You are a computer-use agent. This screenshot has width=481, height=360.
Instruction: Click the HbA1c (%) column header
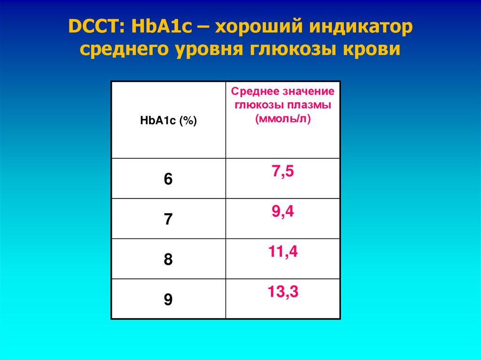[x=168, y=121]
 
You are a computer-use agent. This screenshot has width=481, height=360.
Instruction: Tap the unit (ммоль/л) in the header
[x=283, y=119]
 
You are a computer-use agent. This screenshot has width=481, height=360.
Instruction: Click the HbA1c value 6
[x=168, y=179]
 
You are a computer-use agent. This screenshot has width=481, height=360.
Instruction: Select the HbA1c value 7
[x=168, y=220]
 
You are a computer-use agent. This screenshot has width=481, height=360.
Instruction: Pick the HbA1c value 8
[x=168, y=260]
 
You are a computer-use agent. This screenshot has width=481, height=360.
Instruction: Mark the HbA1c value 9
[x=168, y=300]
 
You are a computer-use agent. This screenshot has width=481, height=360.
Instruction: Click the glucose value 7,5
[x=283, y=172]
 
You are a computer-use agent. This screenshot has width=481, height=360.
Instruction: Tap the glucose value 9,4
[x=283, y=212]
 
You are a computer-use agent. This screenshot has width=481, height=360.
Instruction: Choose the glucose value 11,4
[x=283, y=253]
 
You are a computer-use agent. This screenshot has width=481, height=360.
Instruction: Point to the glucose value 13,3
[x=283, y=292]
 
